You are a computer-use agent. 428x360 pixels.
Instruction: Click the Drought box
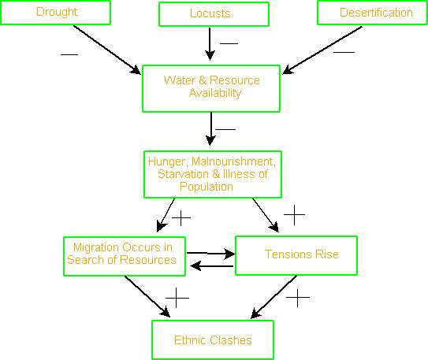tap(56, 13)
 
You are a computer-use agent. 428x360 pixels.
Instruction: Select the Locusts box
tap(214, 14)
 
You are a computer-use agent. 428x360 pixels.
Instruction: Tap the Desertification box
tap(372, 13)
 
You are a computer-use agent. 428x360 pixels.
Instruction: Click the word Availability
tap(215, 93)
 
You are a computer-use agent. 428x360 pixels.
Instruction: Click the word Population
tap(207, 187)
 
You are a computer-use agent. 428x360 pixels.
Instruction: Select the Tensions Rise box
tap(296, 255)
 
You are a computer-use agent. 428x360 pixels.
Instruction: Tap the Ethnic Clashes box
tap(213, 340)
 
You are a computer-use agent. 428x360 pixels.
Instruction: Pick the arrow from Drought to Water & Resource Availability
tap(107, 50)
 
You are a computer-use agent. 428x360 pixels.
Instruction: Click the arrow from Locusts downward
tap(210, 43)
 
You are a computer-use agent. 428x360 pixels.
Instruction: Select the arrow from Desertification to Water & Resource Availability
tap(322, 50)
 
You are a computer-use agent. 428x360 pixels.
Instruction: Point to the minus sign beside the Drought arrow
tap(69, 54)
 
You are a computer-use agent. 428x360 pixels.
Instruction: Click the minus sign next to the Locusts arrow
tap(229, 43)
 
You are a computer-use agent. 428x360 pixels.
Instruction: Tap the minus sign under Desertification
tap(344, 52)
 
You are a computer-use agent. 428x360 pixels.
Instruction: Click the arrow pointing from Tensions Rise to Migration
tap(212, 266)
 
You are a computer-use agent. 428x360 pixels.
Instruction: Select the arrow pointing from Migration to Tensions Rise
tap(211, 254)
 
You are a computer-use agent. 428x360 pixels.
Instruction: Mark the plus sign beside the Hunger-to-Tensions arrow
tap(294, 215)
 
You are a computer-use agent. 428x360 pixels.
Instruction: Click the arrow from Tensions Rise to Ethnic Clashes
tap(274, 297)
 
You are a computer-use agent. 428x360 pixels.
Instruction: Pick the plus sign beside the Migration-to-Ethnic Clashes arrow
tap(177, 298)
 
